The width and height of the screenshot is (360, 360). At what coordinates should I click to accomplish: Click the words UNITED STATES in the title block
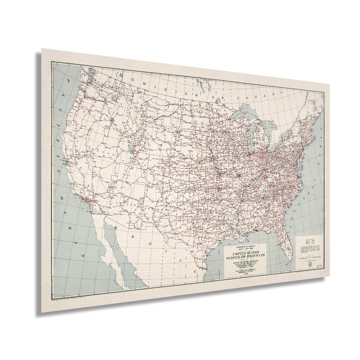click(x=247, y=254)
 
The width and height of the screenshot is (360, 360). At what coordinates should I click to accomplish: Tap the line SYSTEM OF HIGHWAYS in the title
click(x=247, y=258)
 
